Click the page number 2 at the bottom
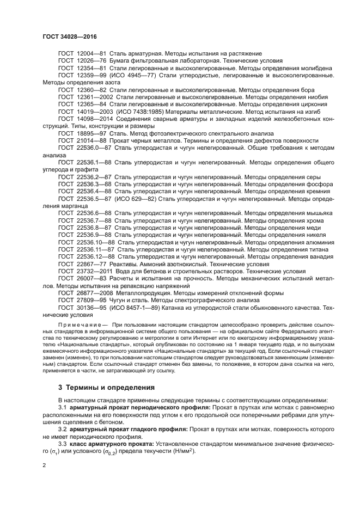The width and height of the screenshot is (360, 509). click(x=45, y=466)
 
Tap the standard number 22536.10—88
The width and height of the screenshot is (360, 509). click(x=96, y=241)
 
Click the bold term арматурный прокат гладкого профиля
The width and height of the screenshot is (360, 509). click(x=129, y=428)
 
